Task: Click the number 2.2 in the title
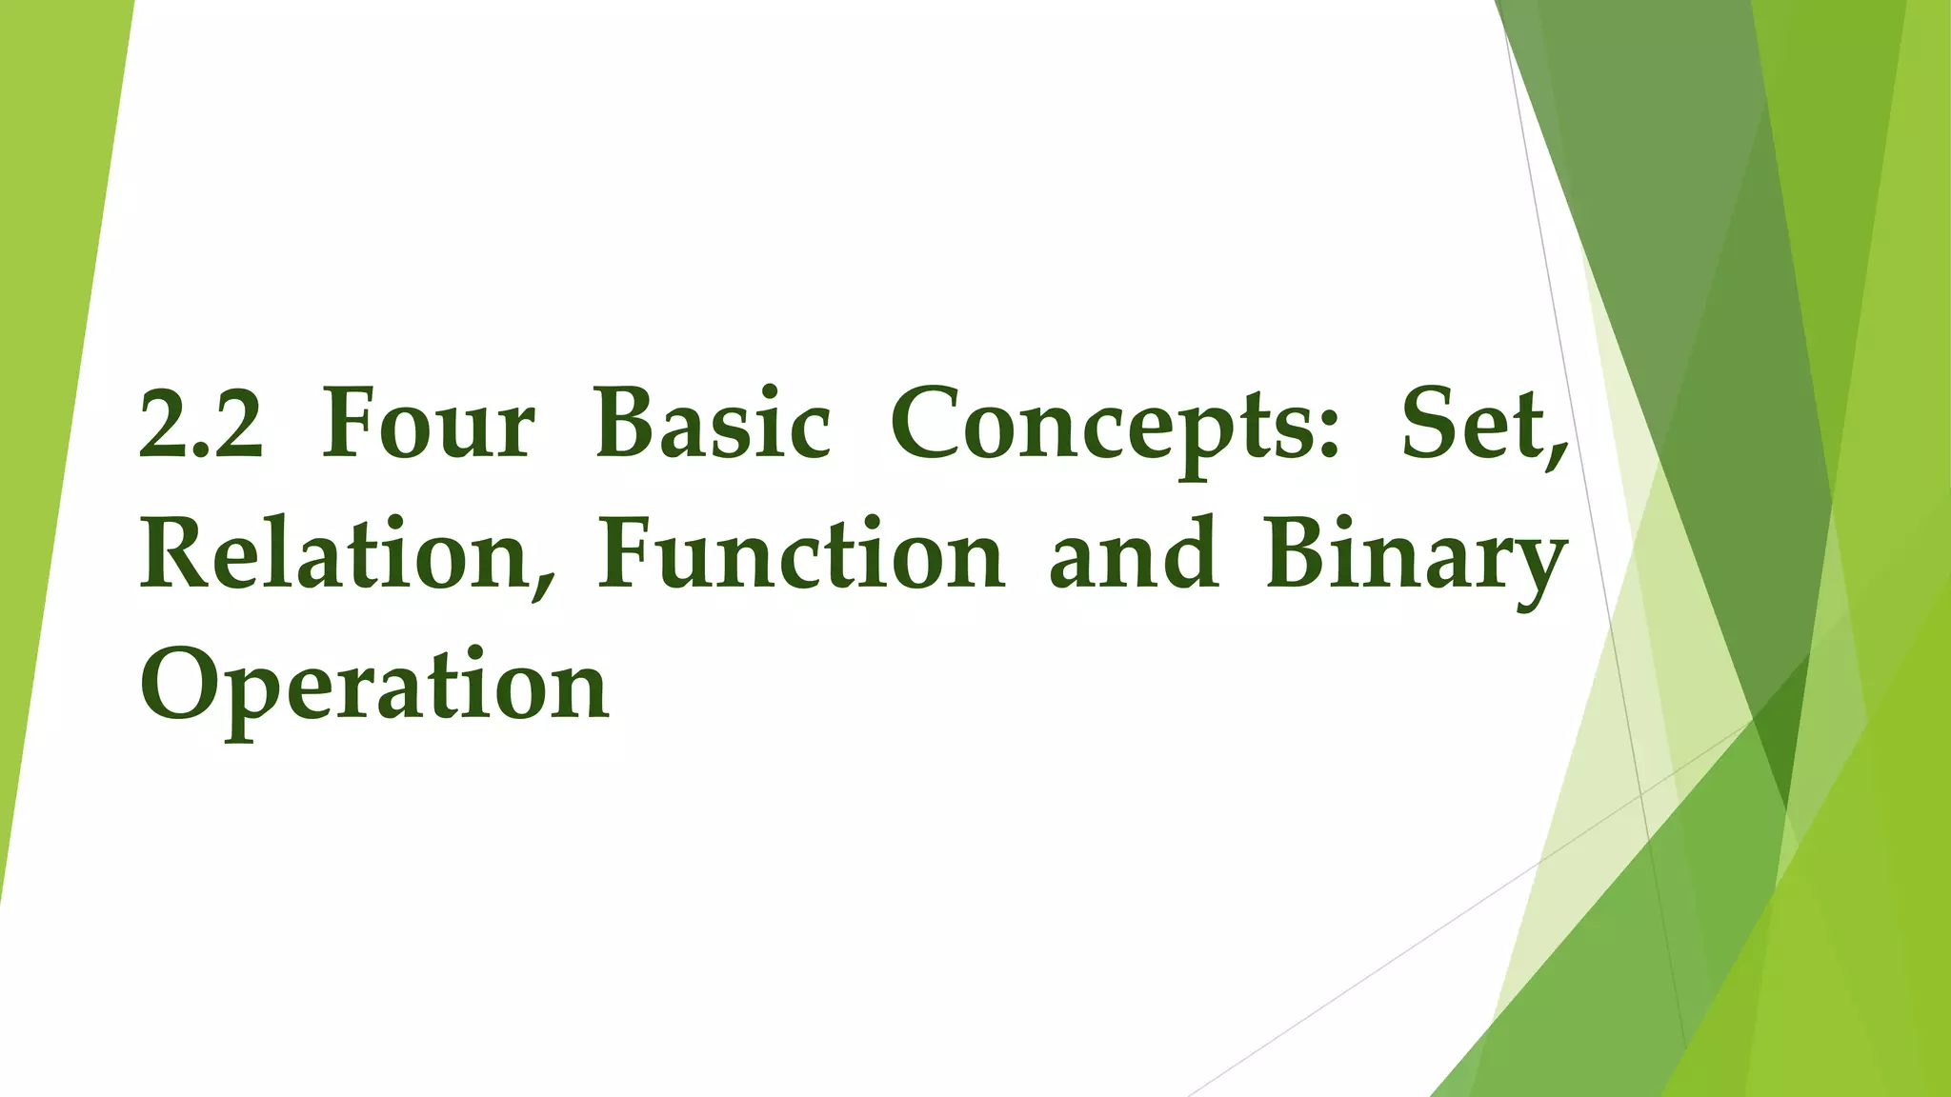[x=201, y=425]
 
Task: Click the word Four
[x=428, y=425]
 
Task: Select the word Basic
[x=712, y=425]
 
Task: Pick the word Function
[x=800, y=555]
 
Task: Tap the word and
[x=1134, y=555]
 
